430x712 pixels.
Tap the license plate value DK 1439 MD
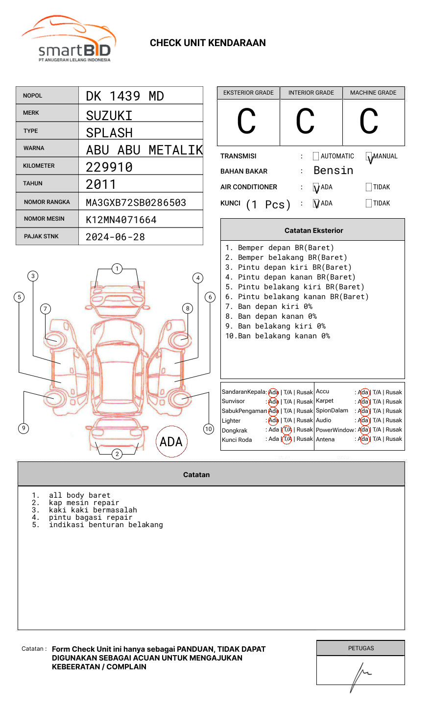coord(125,96)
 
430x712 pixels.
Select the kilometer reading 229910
coord(109,167)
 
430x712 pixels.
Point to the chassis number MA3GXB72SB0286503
coord(136,203)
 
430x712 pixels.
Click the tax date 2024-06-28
coord(116,237)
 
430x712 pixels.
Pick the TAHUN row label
coord(33,183)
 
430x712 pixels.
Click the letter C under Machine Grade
coord(369,122)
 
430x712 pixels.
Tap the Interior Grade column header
coord(311,93)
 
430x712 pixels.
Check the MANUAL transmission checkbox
coord(369,156)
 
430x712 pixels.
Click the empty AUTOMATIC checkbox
coord(316,156)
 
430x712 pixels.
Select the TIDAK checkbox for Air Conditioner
coord(369,187)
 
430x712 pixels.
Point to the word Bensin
coord(333,171)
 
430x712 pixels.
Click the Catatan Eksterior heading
coord(313,230)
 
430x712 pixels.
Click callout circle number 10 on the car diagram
coord(209,429)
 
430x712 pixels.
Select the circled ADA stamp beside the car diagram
coord(171,442)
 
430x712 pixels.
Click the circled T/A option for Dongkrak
coord(287,430)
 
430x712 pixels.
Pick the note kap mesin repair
coord(84,503)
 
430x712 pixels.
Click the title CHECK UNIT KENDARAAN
coord(208,43)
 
